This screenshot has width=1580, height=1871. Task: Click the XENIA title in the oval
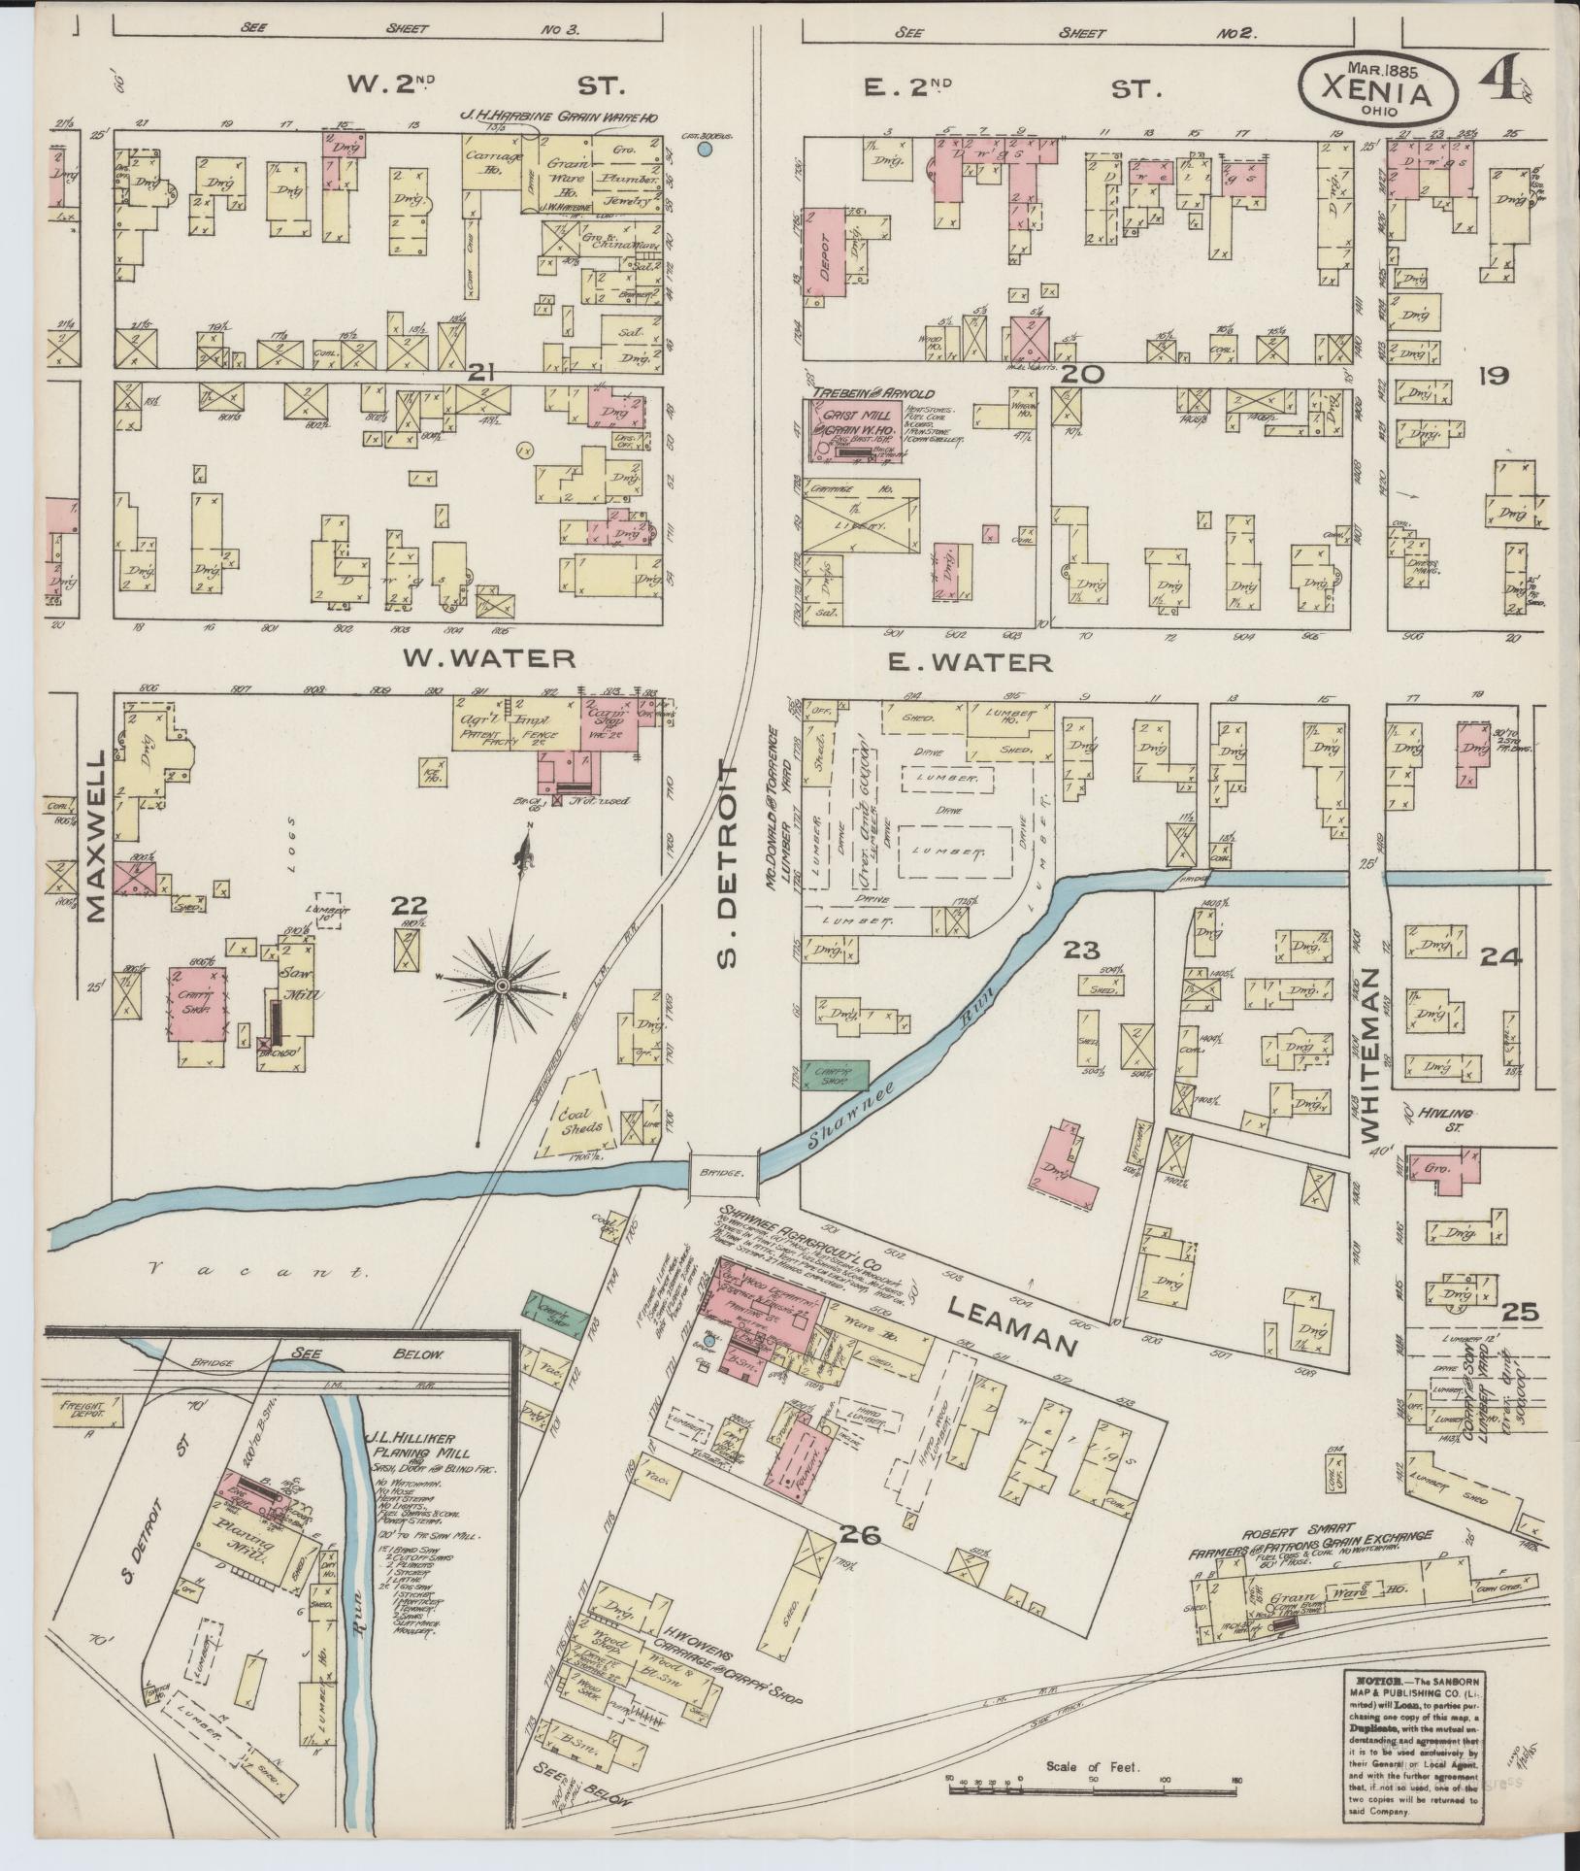(x=1378, y=94)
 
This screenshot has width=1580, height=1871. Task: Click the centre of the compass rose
(x=503, y=986)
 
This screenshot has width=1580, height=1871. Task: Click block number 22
(x=408, y=906)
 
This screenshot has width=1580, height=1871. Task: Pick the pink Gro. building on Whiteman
(x=1444, y=1168)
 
